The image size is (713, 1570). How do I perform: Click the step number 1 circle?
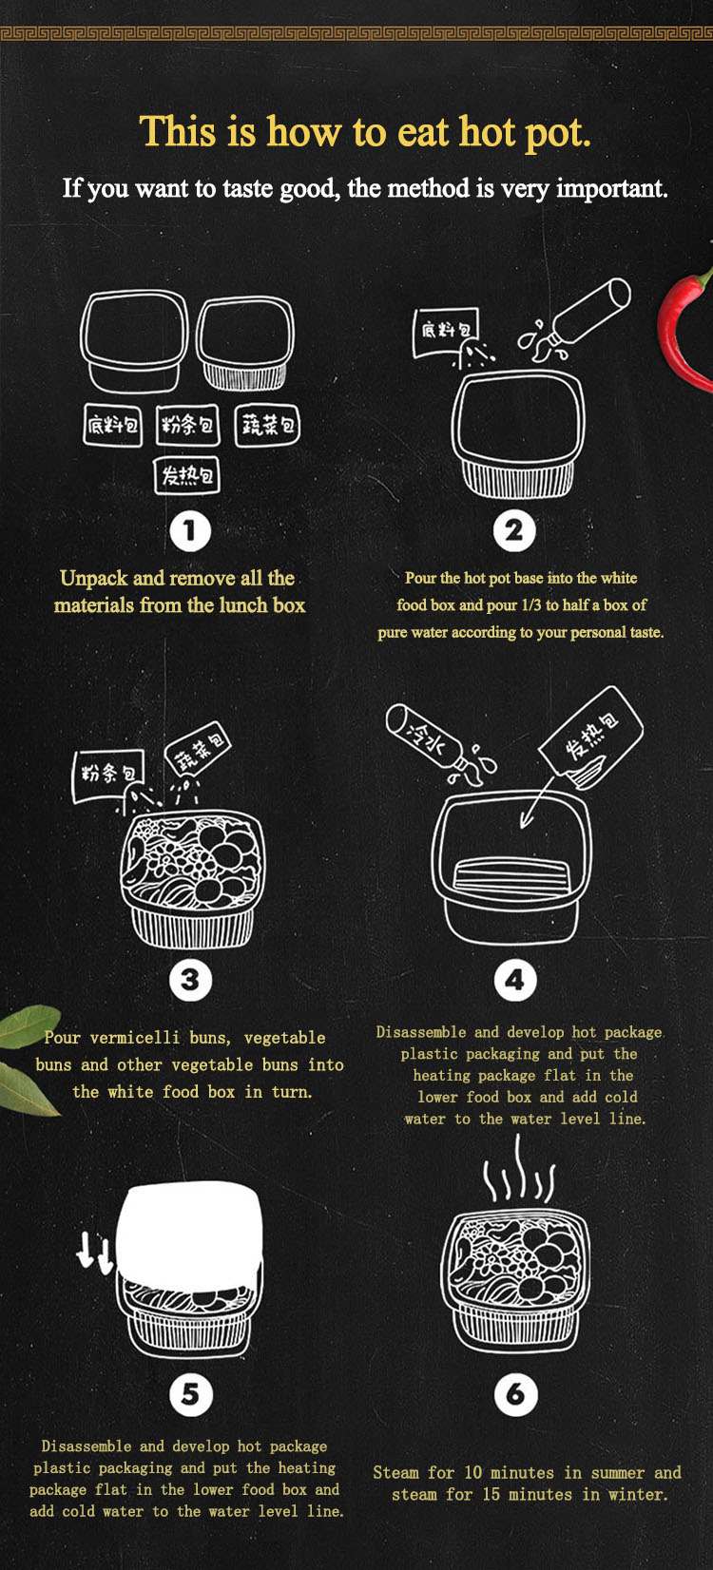190,531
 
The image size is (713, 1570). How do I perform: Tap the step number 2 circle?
514,531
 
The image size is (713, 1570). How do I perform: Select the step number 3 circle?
190,980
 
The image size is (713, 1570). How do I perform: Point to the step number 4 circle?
514,980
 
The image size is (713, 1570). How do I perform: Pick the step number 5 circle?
190,1394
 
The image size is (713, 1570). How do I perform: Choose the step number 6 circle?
515,1394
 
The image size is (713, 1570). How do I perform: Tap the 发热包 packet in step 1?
186,476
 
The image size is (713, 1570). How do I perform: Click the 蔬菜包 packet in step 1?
267,425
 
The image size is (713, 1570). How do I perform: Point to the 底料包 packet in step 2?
446,332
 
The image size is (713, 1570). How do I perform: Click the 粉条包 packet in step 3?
108,775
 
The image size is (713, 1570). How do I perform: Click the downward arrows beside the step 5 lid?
95,1254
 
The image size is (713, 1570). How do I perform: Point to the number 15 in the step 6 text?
491,1494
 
